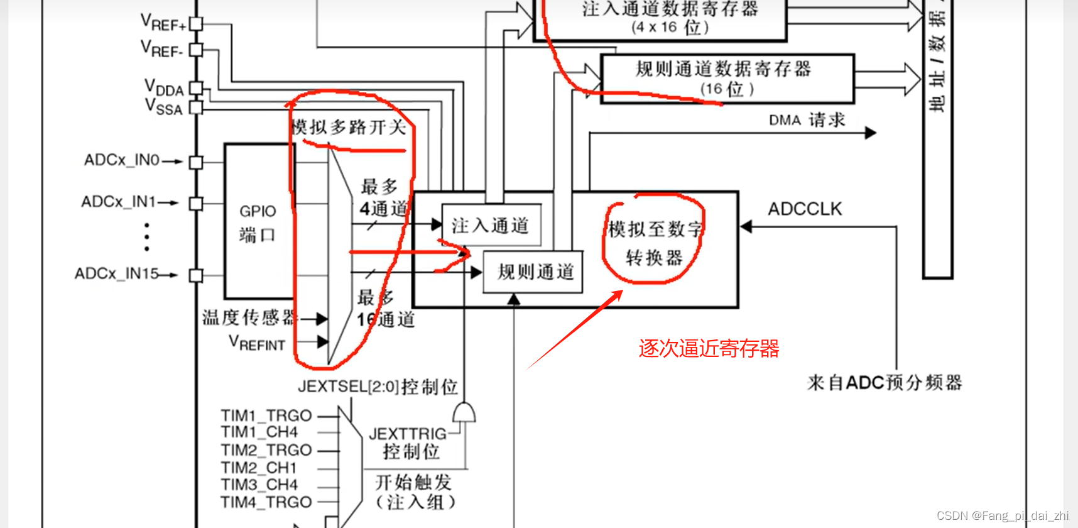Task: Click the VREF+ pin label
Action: click(163, 23)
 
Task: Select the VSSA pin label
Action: click(163, 107)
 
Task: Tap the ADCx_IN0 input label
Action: click(122, 160)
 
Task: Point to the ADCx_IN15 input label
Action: click(116, 274)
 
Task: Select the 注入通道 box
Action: click(491, 225)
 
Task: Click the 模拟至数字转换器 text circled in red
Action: click(654, 243)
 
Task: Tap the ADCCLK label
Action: click(805, 209)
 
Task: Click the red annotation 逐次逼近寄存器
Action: click(709, 348)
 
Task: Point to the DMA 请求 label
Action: click(807, 120)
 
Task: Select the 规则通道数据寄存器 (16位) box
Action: click(727, 79)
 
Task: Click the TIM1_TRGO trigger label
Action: click(266, 415)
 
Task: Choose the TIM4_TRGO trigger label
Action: click(266, 502)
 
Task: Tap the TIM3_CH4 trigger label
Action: click(259, 485)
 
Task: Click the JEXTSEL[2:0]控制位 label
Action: click(378, 386)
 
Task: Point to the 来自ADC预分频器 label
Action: click(885, 382)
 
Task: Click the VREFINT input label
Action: click(257, 343)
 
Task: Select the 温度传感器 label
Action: click(249, 317)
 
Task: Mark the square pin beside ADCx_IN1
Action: click(196, 204)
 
